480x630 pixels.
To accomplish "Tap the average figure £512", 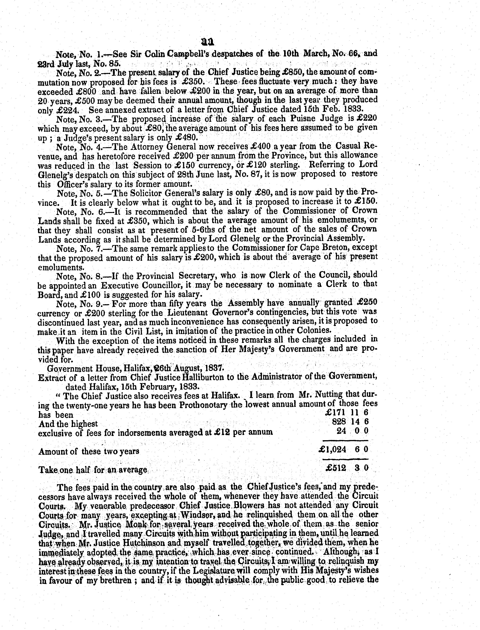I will (x=336, y=468).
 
